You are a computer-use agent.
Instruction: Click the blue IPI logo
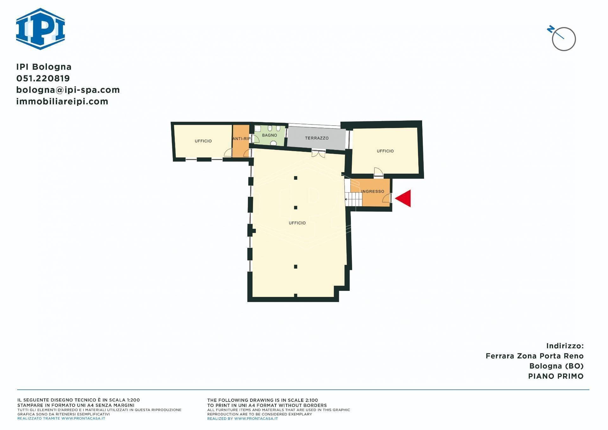pos(41,29)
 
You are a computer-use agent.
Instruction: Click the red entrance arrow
pos(404,198)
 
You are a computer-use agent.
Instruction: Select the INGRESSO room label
pos(373,191)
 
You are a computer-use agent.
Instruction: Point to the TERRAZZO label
pos(317,138)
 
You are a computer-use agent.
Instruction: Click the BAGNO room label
pos(269,135)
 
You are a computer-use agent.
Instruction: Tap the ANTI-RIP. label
pos(242,139)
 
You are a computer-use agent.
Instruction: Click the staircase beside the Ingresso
pos(354,199)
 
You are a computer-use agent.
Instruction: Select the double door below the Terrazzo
pos(318,154)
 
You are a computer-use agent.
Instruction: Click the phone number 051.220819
pos(43,78)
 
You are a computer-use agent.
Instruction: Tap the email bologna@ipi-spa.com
pos(68,90)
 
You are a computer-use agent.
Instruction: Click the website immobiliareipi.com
pos(62,101)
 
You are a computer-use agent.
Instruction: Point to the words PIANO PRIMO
pos(555,376)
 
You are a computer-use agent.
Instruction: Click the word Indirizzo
pos(565,346)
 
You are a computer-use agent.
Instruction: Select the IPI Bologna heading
pos(44,67)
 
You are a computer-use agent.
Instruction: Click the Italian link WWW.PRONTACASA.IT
pos(83,418)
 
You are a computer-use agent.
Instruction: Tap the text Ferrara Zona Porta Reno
pos(534,356)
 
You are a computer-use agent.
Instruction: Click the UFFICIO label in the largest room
pos(297,223)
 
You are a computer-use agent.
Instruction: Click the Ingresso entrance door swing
pos(387,198)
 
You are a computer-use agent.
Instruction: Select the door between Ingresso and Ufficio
pos(378,172)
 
